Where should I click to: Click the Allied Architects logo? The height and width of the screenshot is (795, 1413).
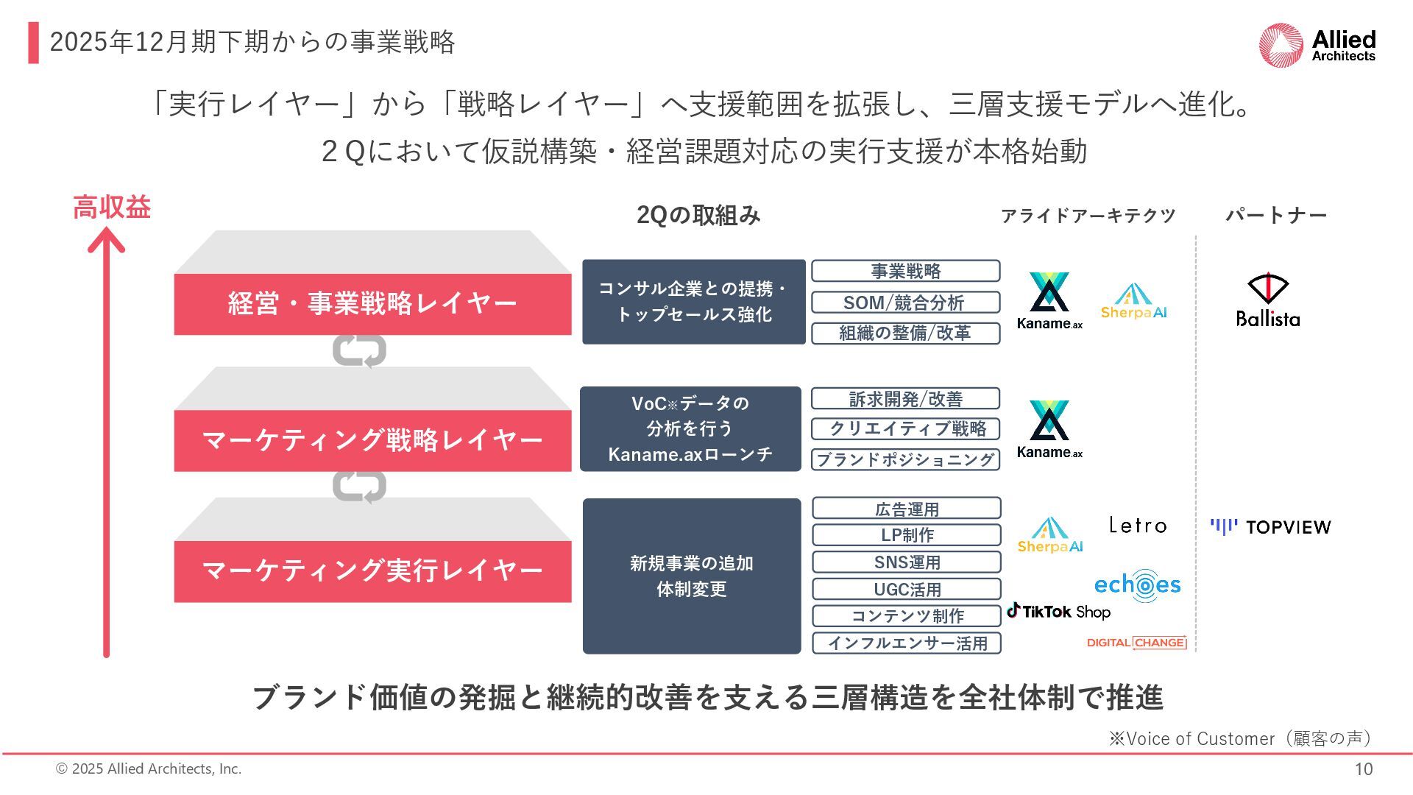pyautogui.click(x=1317, y=46)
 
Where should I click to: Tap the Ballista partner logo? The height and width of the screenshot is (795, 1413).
pyautogui.click(x=1268, y=300)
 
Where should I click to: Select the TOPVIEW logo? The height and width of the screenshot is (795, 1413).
pyautogui.click(x=1271, y=527)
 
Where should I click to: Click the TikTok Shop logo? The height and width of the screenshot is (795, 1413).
pyautogui.click(x=1059, y=611)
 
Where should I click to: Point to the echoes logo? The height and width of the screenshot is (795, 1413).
pyautogui.click(x=1137, y=586)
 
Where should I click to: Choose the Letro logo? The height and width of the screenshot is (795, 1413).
pyautogui.click(x=1138, y=526)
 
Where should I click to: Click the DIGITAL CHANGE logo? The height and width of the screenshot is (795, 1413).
pyautogui.click(x=1137, y=643)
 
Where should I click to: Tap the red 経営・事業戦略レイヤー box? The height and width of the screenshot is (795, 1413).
pyautogui.click(x=372, y=304)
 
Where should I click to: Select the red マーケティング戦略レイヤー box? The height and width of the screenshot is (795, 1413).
pyautogui.click(x=372, y=440)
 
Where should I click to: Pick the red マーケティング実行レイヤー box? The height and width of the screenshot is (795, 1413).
pyautogui.click(x=372, y=571)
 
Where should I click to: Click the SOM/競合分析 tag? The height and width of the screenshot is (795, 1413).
pyautogui.click(x=905, y=303)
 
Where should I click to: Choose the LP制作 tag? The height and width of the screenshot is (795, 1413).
pyautogui.click(x=907, y=535)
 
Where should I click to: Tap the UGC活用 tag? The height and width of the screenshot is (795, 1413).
pyautogui.click(x=907, y=589)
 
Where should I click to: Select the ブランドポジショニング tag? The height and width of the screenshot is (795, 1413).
pyautogui.click(x=905, y=459)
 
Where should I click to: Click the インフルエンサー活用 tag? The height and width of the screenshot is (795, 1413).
pyautogui.click(x=907, y=643)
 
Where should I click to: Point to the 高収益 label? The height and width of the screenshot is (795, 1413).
pyautogui.click(x=112, y=208)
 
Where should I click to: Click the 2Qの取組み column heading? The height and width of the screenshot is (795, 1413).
pyautogui.click(x=698, y=215)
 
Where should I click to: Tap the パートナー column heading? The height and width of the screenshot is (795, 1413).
pyautogui.click(x=1275, y=215)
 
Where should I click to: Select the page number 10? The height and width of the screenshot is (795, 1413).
pyautogui.click(x=1363, y=769)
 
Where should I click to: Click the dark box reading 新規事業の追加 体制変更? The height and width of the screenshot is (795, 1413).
pyautogui.click(x=692, y=576)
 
